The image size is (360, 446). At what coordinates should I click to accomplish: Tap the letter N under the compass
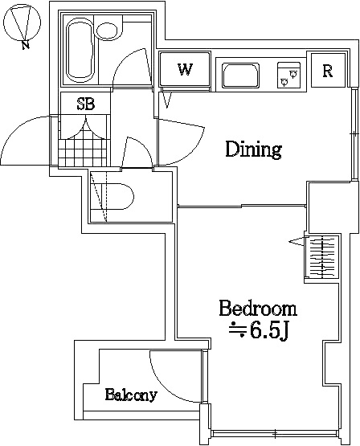[27, 45]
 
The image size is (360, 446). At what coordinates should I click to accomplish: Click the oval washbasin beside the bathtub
[106, 31]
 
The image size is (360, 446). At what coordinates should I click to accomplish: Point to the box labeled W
[185, 70]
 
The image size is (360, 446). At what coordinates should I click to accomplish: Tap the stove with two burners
[288, 75]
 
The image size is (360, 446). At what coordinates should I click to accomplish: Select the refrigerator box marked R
[328, 71]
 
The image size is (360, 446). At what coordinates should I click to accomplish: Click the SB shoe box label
[84, 104]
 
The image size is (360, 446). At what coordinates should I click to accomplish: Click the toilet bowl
[117, 197]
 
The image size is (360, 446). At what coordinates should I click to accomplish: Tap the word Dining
[253, 149]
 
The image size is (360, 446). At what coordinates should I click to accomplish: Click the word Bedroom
[258, 309]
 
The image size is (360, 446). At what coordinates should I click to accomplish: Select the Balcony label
[130, 395]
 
